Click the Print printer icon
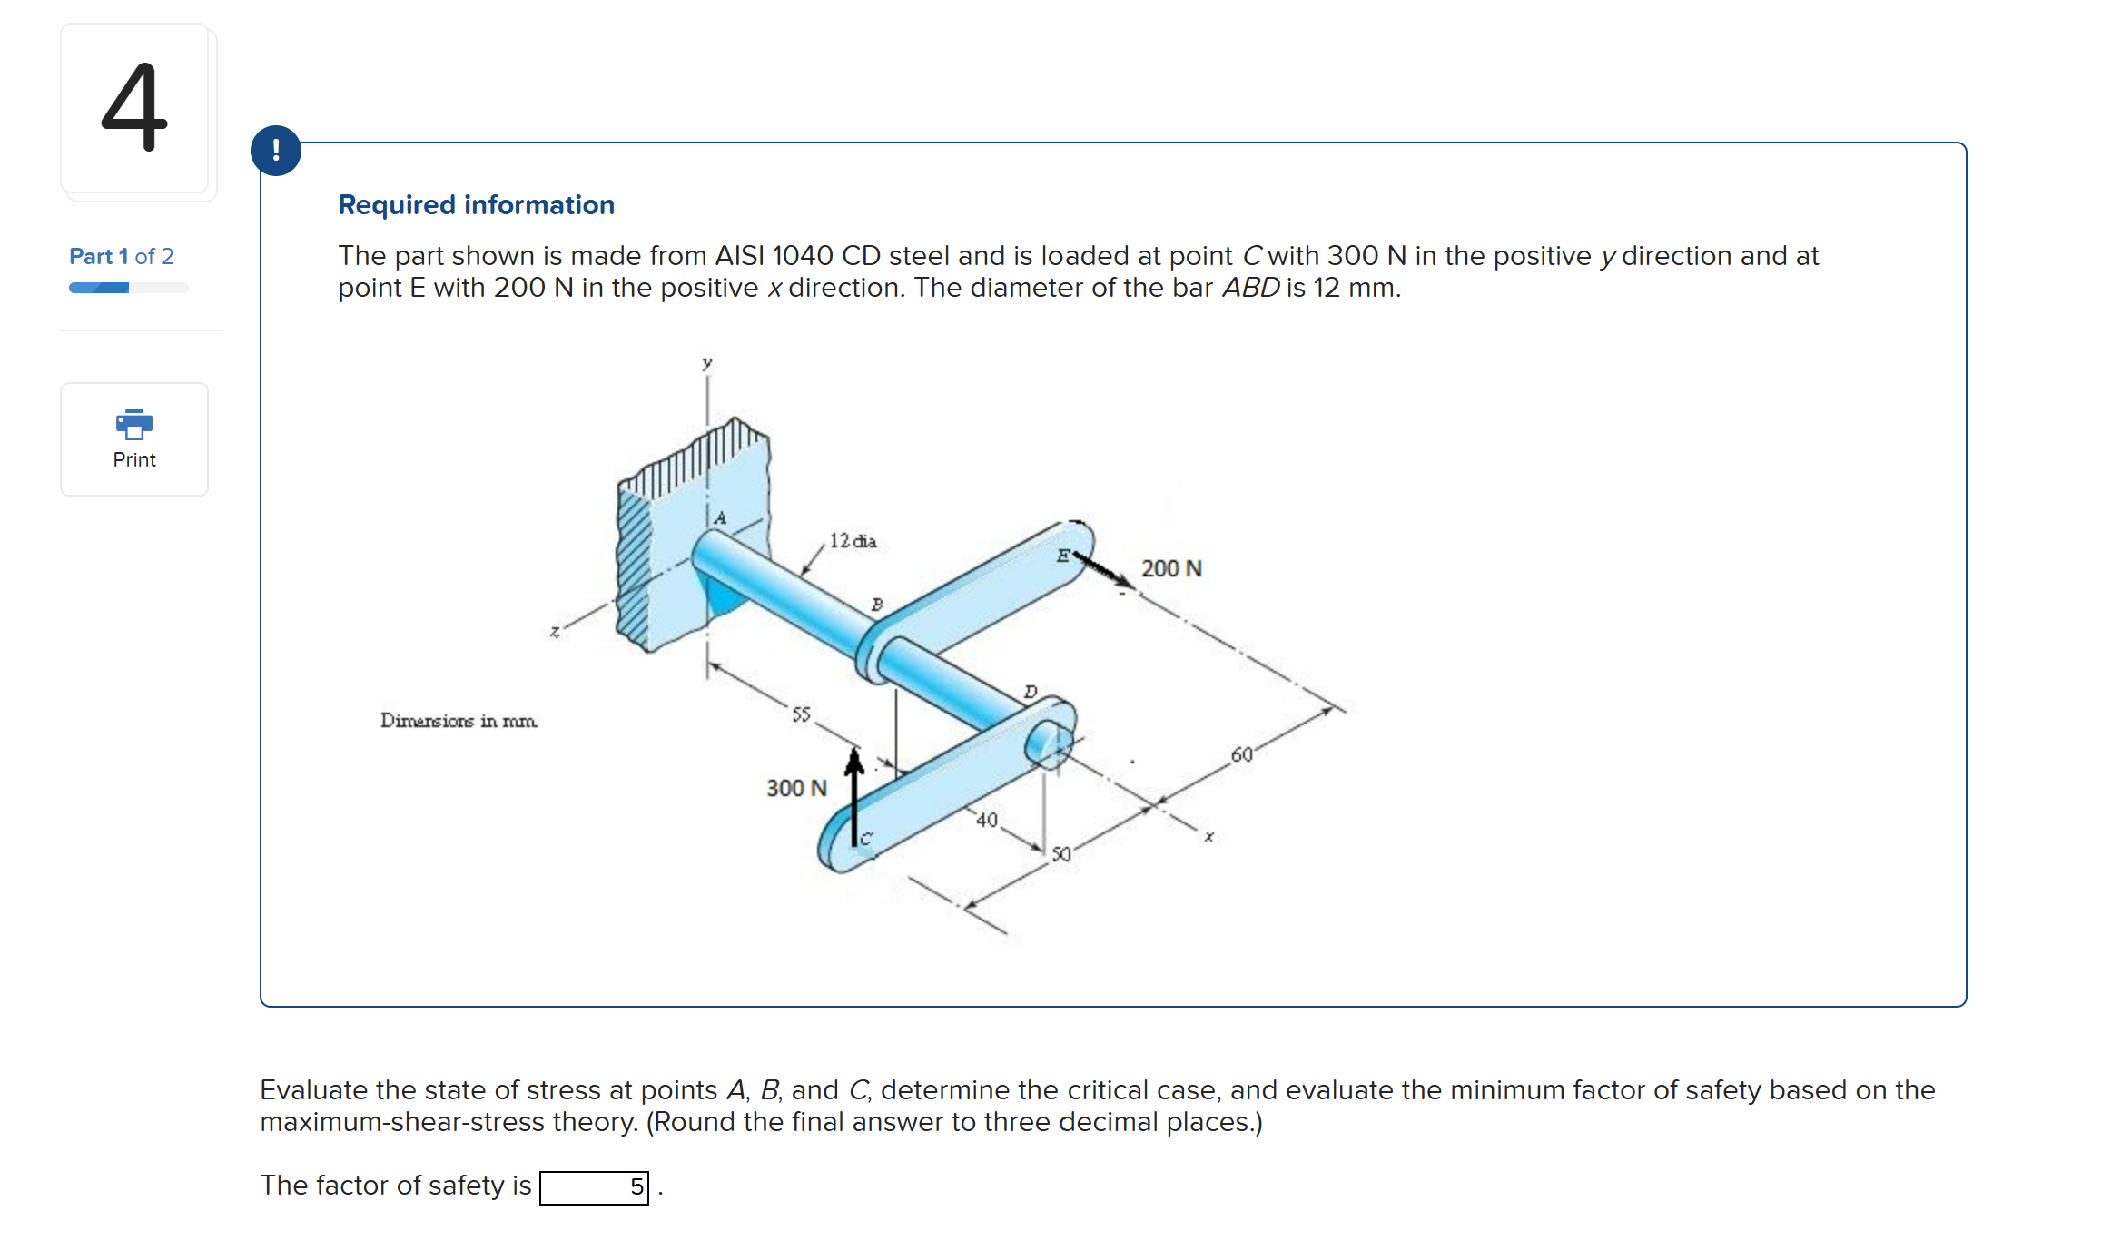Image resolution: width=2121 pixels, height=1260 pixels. pos(134,424)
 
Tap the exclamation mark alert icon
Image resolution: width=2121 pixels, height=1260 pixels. pos(276,151)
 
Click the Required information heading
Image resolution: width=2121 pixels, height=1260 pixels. pos(476,205)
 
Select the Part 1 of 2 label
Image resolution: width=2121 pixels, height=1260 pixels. pos(122,257)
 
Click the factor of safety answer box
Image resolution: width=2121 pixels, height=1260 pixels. pos(594,1187)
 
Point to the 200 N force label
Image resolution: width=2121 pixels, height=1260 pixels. pos(1171,569)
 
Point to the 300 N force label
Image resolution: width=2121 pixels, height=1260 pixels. pos(796,788)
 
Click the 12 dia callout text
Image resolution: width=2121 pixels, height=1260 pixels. pos(853,541)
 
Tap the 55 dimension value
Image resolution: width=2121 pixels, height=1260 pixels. pos(801,714)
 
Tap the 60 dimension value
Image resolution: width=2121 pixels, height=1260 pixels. pos(1241,755)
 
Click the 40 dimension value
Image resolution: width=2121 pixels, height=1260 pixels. pos(987,821)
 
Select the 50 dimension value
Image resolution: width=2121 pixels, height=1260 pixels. pos(1061,854)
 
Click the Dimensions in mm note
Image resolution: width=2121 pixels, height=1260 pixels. pos(459,721)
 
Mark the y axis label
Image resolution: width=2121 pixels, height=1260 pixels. pos(706,363)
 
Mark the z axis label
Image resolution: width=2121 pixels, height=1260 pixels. pos(555,632)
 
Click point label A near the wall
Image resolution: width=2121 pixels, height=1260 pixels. pos(720,518)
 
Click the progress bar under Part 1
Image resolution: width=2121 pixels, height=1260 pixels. pos(128,288)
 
